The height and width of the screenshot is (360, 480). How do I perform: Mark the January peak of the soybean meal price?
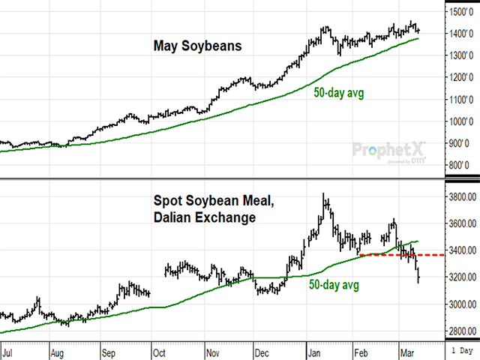coord(324,195)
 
